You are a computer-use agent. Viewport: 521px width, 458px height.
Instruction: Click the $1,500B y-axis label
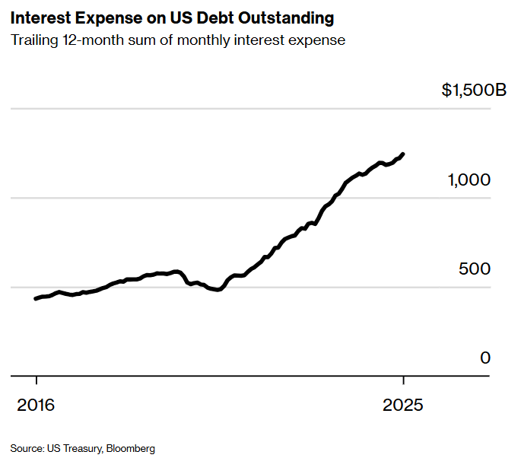473,91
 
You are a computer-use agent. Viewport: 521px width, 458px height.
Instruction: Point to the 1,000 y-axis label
469,180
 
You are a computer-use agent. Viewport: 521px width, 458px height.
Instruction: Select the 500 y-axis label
475,269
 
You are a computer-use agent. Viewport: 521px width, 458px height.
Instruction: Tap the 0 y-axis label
485,358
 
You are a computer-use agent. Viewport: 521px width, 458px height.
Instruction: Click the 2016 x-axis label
36,405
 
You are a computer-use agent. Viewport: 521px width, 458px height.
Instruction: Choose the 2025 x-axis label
403,405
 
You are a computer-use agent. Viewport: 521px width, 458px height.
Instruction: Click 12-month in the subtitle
92,40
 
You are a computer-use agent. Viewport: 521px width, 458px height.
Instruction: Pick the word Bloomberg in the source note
130,449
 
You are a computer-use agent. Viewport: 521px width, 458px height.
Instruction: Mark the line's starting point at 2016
36,298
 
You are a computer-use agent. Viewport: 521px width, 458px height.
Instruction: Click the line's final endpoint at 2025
403,154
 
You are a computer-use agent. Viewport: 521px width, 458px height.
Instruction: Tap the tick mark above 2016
36,381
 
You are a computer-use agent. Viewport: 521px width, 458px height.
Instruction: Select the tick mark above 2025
403,381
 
